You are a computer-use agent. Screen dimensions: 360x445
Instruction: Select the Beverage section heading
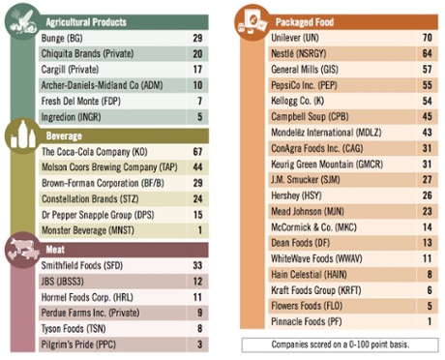tap(67, 136)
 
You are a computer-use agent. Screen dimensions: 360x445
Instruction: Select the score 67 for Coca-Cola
tap(197, 152)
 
